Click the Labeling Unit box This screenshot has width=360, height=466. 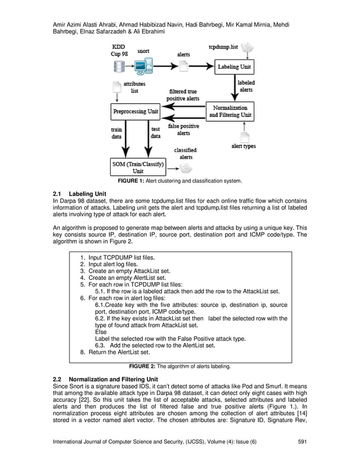(235, 67)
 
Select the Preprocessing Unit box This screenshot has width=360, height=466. (136, 111)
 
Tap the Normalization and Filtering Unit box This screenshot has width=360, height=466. (230, 111)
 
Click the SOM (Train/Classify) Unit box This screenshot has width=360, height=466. (138, 168)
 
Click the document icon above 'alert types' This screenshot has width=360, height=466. (245, 137)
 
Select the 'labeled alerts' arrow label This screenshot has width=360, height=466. (246, 86)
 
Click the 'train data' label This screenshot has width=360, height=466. (116, 133)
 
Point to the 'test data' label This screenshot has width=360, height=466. (156, 133)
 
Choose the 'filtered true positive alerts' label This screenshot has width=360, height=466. (183, 95)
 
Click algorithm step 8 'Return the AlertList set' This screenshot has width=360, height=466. (118, 352)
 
